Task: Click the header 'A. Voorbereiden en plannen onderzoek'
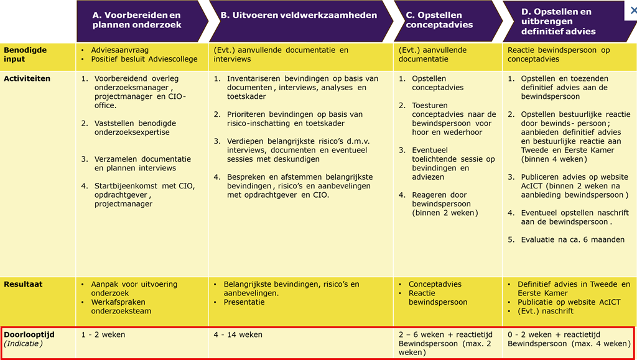click(x=136, y=20)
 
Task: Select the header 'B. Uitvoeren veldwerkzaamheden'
click(x=299, y=16)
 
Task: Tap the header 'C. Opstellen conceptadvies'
click(x=439, y=20)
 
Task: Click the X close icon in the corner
click(x=631, y=11)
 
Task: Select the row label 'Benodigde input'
click(x=25, y=55)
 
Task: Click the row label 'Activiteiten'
click(x=27, y=79)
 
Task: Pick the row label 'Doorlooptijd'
click(x=29, y=335)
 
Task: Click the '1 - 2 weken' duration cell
click(x=103, y=335)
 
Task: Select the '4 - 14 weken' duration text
click(x=238, y=335)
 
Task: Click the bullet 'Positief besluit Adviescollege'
click(x=144, y=60)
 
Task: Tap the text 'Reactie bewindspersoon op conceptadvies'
click(x=558, y=55)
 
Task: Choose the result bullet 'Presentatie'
click(x=244, y=302)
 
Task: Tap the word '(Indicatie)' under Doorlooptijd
click(x=23, y=343)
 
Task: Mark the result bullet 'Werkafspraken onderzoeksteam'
click(x=121, y=307)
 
